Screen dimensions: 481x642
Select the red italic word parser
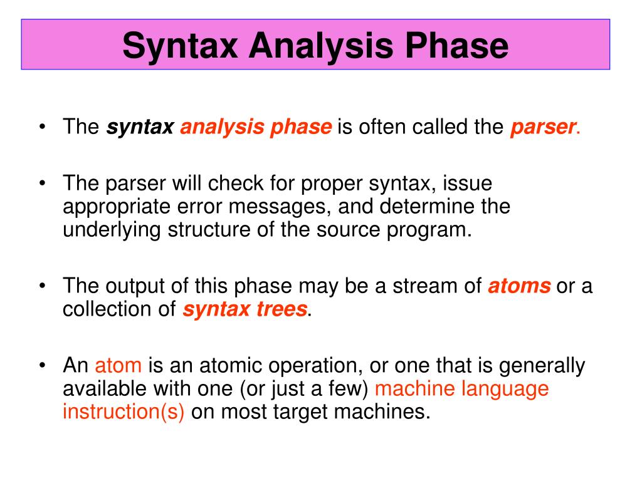tap(543, 127)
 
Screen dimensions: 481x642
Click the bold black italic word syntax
tap(140, 127)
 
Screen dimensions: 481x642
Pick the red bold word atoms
tap(519, 286)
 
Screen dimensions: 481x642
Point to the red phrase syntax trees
tap(245, 309)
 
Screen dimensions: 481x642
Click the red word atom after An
tap(118, 365)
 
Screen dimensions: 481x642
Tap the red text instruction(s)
tap(124, 411)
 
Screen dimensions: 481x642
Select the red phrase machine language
tap(461, 388)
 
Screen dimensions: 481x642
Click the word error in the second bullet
tap(203, 207)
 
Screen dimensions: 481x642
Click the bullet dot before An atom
tap(42, 365)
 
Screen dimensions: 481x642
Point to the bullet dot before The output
tap(42, 286)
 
